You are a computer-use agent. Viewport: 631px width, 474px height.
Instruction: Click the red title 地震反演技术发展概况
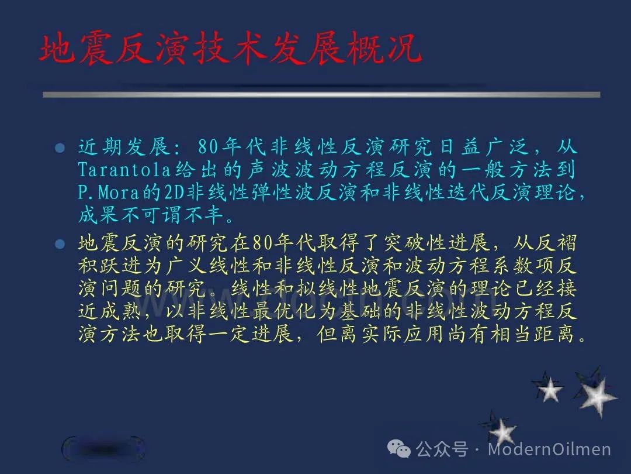pyautogui.click(x=230, y=49)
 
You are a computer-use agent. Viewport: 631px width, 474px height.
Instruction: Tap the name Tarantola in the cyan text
pyautogui.click(x=124, y=170)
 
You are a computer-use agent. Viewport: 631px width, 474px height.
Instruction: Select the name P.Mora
pyautogui.click(x=109, y=193)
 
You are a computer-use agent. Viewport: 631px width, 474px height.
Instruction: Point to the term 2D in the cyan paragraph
pyautogui.click(x=174, y=193)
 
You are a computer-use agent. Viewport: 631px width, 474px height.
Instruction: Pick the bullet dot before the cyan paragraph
pyautogui.click(x=60, y=148)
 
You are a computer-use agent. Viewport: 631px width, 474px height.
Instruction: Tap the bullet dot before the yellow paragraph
pyautogui.click(x=60, y=244)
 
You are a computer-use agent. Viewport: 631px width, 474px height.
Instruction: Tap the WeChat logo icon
pyautogui.click(x=399, y=449)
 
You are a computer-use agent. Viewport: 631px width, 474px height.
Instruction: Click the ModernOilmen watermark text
pyautogui.click(x=549, y=449)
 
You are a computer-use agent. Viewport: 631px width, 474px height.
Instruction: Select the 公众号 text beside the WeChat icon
pyautogui.click(x=442, y=449)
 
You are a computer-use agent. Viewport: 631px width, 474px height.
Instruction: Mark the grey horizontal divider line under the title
pyautogui.click(x=321, y=95)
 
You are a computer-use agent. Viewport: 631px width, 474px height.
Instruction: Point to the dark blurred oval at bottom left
pyautogui.click(x=103, y=449)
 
